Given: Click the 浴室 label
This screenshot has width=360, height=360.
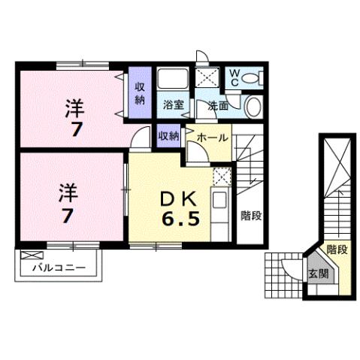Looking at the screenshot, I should click(174, 105).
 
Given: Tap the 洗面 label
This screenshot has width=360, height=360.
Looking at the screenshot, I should click(218, 106).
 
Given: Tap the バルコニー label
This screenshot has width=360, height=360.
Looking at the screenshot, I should click(58, 268).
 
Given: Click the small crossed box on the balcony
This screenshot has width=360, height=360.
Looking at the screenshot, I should click(29, 255).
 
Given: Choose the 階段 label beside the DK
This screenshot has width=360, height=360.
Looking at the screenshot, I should click(250, 215).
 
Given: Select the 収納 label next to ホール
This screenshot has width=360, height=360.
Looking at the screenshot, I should click(168, 136).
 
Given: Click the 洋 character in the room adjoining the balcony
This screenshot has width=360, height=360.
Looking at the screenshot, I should click(65, 194).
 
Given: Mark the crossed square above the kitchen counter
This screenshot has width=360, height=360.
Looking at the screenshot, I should click(220, 177).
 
